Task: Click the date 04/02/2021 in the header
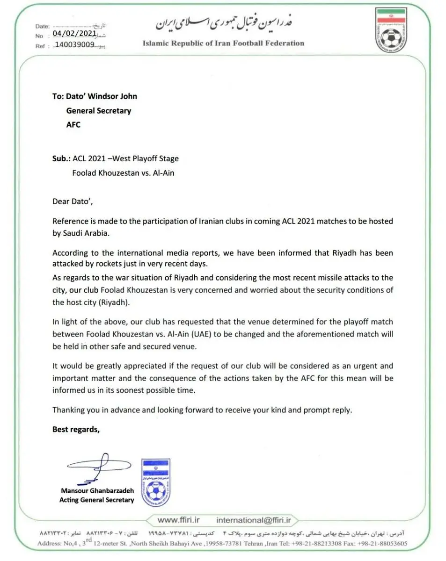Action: point(74,34)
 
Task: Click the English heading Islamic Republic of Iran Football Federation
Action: point(223,43)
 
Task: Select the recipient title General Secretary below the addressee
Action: point(98,111)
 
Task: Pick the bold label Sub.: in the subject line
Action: point(61,158)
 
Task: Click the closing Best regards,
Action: point(76,429)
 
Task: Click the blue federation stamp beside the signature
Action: point(155,482)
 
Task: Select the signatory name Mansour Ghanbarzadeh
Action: point(97,491)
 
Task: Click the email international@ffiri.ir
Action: point(254,520)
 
